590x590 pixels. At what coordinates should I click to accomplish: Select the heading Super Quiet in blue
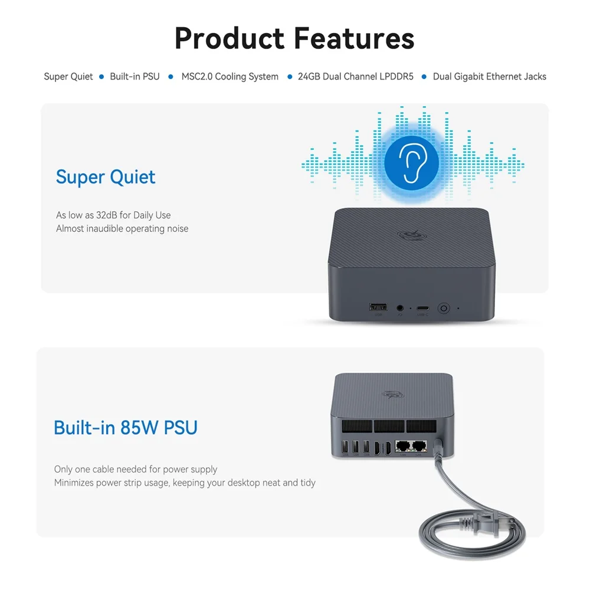click(106, 177)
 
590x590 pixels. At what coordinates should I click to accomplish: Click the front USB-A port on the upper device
click(378, 307)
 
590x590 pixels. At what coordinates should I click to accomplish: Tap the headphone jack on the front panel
click(402, 308)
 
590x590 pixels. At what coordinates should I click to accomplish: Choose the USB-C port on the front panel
click(423, 308)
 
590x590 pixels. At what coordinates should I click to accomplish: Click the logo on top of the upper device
click(408, 235)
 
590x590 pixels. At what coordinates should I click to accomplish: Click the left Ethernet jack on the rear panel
click(403, 446)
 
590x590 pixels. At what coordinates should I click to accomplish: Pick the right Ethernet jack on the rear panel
click(419, 446)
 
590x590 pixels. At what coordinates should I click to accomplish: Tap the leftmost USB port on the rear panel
click(344, 448)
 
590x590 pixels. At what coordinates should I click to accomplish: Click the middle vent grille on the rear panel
click(389, 426)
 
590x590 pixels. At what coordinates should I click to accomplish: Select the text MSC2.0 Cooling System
click(230, 77)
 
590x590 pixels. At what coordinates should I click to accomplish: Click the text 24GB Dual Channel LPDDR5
click(356, 77)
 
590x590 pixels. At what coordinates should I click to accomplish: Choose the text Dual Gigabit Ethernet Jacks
click(489, 77)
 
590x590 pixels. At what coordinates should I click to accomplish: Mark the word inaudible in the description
click(107, 229)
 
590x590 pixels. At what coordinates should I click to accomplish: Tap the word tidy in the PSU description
click(307, 483)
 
